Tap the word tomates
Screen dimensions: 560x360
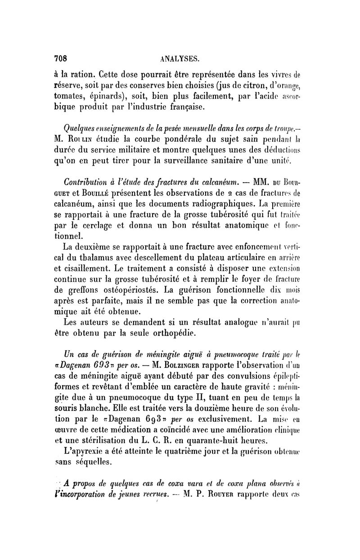(68, 95)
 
